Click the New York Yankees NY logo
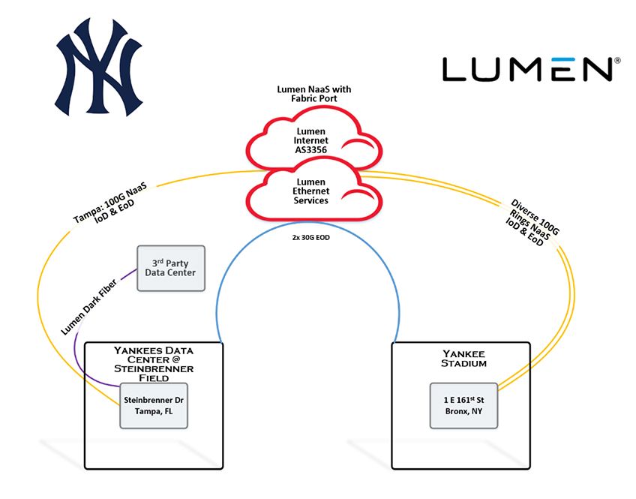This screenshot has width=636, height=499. click(98, 67)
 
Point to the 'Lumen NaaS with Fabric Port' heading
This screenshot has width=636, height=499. click(314, 94)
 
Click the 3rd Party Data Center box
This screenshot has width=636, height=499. click(171, 268)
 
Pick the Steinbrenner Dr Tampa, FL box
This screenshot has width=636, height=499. click(154, 405)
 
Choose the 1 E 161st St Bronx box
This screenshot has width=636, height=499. click(463, 405)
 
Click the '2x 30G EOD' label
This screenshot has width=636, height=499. click(310, 237)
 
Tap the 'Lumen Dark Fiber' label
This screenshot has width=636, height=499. click(88, 307)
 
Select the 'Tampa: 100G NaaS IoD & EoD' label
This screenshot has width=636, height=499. click(110, 203)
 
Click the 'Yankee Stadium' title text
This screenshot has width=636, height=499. click(463, 359)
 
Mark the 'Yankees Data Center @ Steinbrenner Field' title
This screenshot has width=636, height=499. click(154, 364)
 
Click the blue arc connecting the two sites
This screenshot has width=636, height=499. click(307, 223)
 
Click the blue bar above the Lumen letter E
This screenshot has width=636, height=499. click(562, 59)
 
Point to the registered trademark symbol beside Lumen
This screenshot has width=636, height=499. click(618, 61)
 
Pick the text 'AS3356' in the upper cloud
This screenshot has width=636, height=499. click(310, 150)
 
